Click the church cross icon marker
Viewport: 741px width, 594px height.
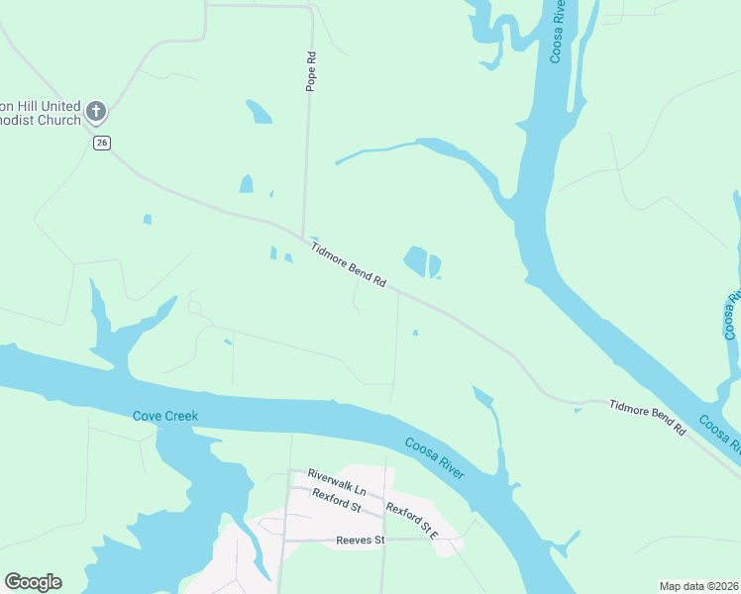(x=96, y=111)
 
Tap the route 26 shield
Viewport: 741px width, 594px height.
(x=102, y=143)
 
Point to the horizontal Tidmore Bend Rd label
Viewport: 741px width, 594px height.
(x=647, y=418)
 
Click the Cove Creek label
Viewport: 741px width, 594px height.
(x=165, y=416)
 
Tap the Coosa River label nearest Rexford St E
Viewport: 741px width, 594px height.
(x=435, y=457)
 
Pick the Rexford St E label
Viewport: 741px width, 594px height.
(x=411, y=521)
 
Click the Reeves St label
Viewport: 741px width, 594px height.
(x=360, y=540)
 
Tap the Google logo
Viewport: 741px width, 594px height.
(x=33, y=582)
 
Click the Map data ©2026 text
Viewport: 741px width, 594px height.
(x=697, y=585)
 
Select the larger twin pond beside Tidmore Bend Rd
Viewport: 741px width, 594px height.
(x=415, y=261)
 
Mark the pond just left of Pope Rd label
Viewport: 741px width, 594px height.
(x=259, y=111)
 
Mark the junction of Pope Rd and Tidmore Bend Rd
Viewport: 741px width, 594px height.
(x=302, y=235)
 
